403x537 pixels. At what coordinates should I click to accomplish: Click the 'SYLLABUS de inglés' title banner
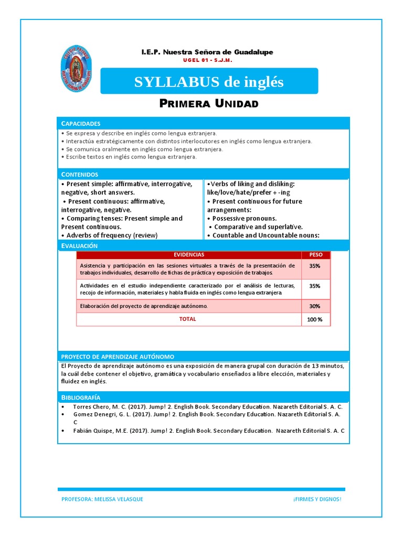point(209,82)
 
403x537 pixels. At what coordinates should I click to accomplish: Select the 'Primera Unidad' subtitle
point(209,103)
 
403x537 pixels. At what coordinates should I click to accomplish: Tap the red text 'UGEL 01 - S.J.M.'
point(207,60)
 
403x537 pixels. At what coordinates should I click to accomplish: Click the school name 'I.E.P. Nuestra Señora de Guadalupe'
point(207,52)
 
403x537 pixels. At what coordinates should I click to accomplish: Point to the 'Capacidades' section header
point(81,124)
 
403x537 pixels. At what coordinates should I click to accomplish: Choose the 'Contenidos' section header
point(80,174)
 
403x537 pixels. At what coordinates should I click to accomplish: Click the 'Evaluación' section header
point(79,245)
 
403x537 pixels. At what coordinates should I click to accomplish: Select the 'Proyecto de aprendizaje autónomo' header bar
point(118,356)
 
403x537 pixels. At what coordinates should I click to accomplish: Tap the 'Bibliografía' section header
point(81,398)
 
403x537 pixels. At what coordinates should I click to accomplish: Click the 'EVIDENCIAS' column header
point(189,254)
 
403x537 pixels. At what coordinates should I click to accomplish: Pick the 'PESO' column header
point(316,254)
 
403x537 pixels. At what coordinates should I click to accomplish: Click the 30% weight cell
point(315,306)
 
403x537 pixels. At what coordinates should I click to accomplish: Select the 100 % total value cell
point(315,319)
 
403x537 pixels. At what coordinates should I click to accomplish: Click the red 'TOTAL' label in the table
point(188,319)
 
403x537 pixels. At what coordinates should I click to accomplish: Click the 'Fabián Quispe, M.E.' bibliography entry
point(205,431)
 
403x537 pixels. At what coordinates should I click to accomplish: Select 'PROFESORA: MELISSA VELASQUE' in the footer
point(102,499)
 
